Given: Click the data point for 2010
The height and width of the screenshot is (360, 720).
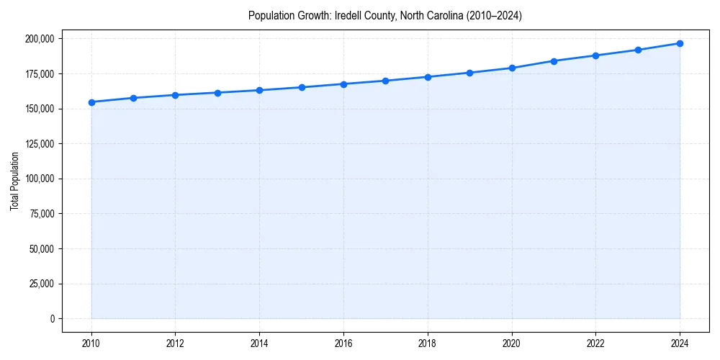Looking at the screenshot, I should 91,102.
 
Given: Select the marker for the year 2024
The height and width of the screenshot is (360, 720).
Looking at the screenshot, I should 680,43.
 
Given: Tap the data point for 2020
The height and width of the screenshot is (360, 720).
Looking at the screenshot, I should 512,68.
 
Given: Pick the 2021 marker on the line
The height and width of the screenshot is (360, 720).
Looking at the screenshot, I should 554,61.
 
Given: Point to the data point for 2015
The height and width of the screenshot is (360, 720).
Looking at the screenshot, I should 302,87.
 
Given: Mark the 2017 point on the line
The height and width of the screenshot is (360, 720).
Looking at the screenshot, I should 385,81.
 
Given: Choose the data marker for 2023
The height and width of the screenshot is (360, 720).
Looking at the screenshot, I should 638,50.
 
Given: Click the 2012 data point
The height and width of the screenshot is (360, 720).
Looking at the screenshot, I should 176,95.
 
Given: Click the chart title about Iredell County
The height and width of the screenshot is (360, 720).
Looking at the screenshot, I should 385,15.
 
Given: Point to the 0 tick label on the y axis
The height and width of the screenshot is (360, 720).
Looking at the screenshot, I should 52,319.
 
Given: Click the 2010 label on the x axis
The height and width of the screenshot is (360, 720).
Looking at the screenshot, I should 91,343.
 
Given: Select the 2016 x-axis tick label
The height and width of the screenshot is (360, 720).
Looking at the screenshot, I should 343,343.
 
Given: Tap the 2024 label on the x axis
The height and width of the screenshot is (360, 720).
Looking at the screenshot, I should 680,343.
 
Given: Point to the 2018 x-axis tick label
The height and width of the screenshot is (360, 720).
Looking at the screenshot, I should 428,343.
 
